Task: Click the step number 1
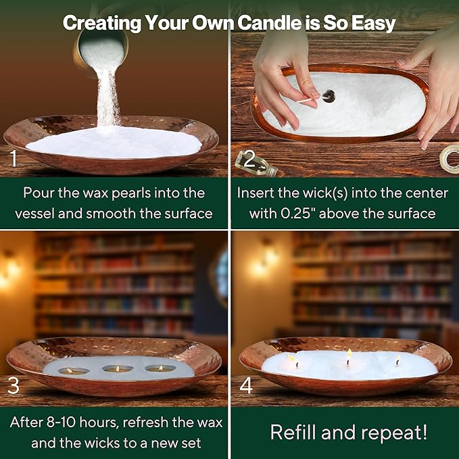pos(14,158)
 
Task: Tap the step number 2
pos(249,159)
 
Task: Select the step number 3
pos(13,386)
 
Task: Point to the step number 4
pos(246,386)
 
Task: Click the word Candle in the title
pos(269,22)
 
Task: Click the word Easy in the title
pos(373,24)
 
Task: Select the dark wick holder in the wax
pos(329,96)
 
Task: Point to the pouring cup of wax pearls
pos(101,51)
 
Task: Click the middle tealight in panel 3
pos(118,369)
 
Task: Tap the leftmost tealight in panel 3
pos(73,371)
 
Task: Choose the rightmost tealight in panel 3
pos(160,368)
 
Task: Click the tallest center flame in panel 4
pos(349,354)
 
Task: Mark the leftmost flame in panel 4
pos(292,359)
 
